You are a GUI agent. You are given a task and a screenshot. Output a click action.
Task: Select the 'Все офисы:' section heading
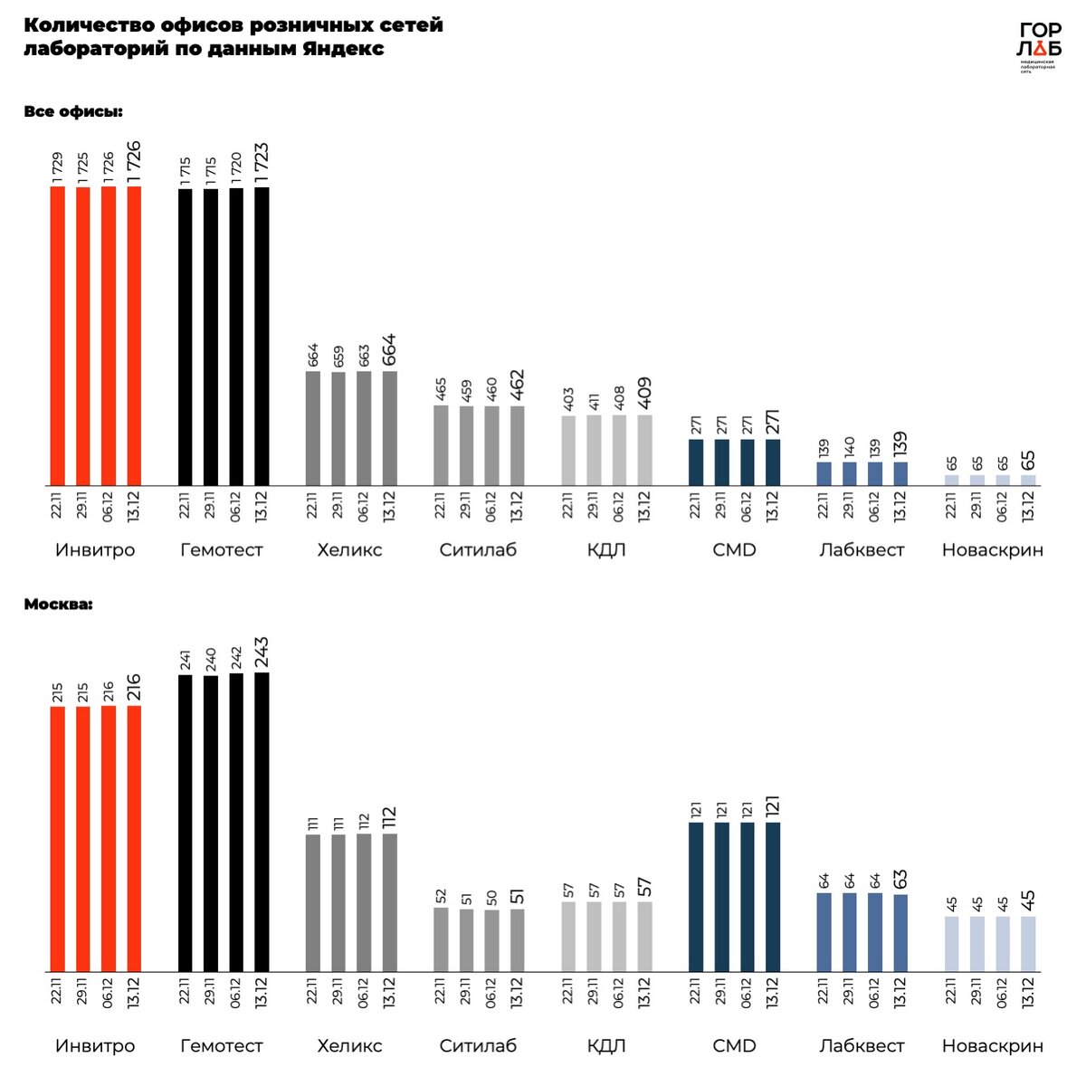[73, 112]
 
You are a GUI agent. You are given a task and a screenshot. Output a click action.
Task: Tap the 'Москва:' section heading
[59, 604]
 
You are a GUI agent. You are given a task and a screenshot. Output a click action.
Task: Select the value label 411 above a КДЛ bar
[595, 401]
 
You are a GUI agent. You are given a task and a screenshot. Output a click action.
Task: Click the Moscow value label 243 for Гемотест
[262, 654]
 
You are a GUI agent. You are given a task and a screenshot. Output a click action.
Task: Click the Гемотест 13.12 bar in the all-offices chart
[262, 336]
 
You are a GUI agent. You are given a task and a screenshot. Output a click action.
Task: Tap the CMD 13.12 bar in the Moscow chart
[773, 897]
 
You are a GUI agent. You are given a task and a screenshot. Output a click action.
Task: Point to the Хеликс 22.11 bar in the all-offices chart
[313, 428]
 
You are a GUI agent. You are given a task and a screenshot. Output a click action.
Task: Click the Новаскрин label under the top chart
[993, 550]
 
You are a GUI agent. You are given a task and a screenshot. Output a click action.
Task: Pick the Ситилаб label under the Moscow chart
[478, 1046]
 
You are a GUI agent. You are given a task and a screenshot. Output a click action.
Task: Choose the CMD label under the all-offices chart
[734, 550]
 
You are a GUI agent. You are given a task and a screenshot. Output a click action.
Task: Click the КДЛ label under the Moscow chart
[606, 1046]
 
